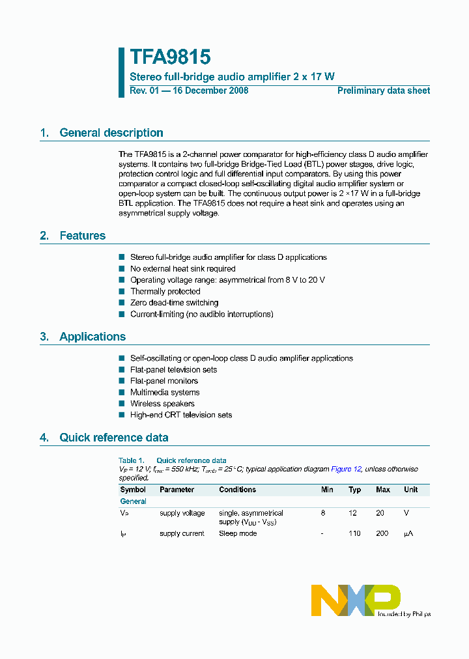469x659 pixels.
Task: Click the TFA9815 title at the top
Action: [x=170, y=58]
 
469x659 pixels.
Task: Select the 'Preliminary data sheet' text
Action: [x=383, y=91]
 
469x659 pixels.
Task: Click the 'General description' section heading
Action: [x=111, y=133]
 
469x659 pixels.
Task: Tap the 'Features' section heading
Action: [x=82, y=236]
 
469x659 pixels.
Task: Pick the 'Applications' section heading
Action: [x=92, y=337]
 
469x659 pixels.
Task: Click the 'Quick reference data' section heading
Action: [x=113, y=438]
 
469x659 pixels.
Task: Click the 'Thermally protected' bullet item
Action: [x=165, y=292]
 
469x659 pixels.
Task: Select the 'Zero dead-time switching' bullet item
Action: [x=174, y=303]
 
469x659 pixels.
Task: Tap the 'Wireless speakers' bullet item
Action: [x=162, y=404]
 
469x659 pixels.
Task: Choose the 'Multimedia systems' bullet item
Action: [x=165, y=393]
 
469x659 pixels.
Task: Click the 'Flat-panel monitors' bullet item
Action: [x=163, y=381]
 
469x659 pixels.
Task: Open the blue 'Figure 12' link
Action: [x=346, y=469]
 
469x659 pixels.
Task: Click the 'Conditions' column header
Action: [x=237, y=490]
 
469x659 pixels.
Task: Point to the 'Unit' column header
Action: [x=410, y=490]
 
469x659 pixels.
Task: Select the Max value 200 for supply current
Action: [x=382, y=533]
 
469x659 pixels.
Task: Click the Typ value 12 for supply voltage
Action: [x=352, y=513]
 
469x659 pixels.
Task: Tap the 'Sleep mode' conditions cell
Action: [x=238, y=533]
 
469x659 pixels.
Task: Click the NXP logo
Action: [x=356, y=600]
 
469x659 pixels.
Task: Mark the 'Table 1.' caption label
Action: [x=131, y=460]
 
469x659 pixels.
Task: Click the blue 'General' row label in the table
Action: [x=133, y=501]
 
